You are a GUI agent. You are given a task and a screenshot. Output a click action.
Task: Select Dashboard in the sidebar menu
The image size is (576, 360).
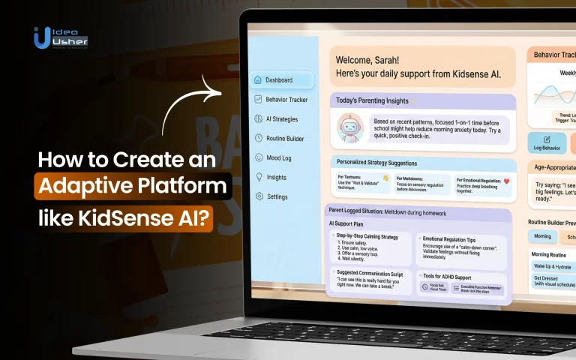pos(279,79)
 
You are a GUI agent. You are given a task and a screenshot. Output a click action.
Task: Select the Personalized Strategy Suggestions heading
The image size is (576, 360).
pos(376,163)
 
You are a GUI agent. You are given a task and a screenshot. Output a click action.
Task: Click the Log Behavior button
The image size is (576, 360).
pos(546,142)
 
